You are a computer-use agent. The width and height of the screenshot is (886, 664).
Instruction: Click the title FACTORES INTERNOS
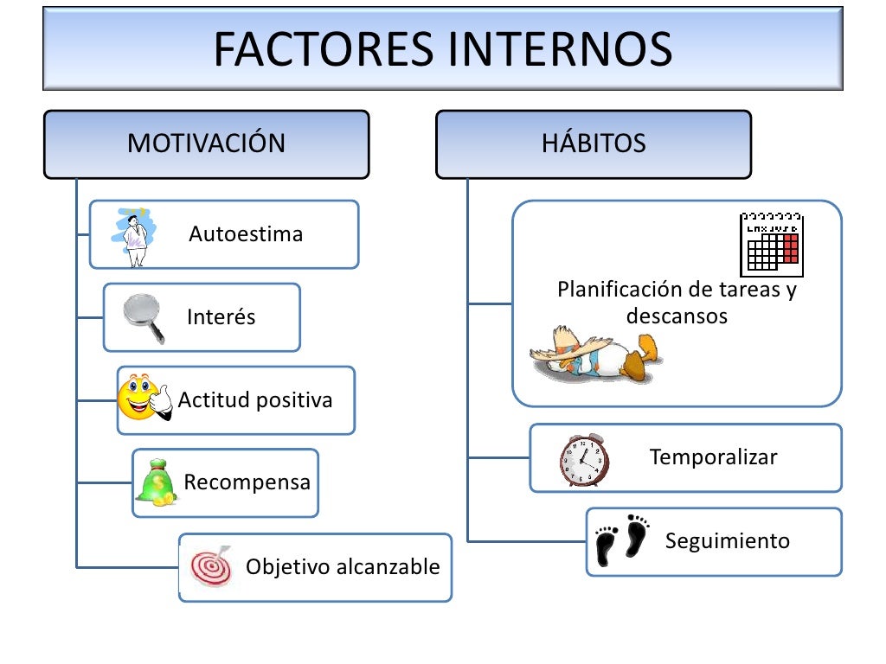pyautogui.click(x=442, y=49)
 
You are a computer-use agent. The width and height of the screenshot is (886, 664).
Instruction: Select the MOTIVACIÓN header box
pyautogui.click(x=206, y=144)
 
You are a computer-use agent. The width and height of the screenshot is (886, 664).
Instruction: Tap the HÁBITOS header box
pyautogui.click(x=594, y=144)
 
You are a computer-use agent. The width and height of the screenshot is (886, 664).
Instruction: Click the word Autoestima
pyautogui.click(x=246, y=234)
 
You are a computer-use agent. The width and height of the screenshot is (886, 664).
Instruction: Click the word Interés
pyautogui.click(x=221, y=317)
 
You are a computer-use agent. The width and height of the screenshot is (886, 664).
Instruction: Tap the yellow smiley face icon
pyautogui.click(x=138, y=399)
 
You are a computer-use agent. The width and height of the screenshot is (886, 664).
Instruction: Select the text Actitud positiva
pyautogui.click(x=255, y=400)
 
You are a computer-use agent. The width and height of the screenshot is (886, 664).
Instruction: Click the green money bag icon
pyautogui.click(x=157, y=482)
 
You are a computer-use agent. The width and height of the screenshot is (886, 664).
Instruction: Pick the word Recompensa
pyautogui.click(x=247, y=482)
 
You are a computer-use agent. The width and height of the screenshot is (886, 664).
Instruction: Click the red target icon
pyautogui.click(x=210, y=566)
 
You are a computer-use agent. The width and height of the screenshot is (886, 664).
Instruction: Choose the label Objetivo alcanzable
pyautogui.click(x=343, y=567)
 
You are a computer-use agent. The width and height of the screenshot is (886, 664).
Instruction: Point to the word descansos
pyautogui.click(x=677, y=316)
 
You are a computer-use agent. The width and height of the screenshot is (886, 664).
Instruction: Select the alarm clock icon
pyautogui.click(x=582, y=459)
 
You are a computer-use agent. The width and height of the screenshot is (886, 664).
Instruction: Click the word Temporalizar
pyautogui.click(x=714, y=457)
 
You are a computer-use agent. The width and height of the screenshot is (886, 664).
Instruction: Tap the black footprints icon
pyautogui.click(x=622, y=540)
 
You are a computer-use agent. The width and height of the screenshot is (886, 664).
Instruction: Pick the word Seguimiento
pyautogui.click(x=728, y=541)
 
